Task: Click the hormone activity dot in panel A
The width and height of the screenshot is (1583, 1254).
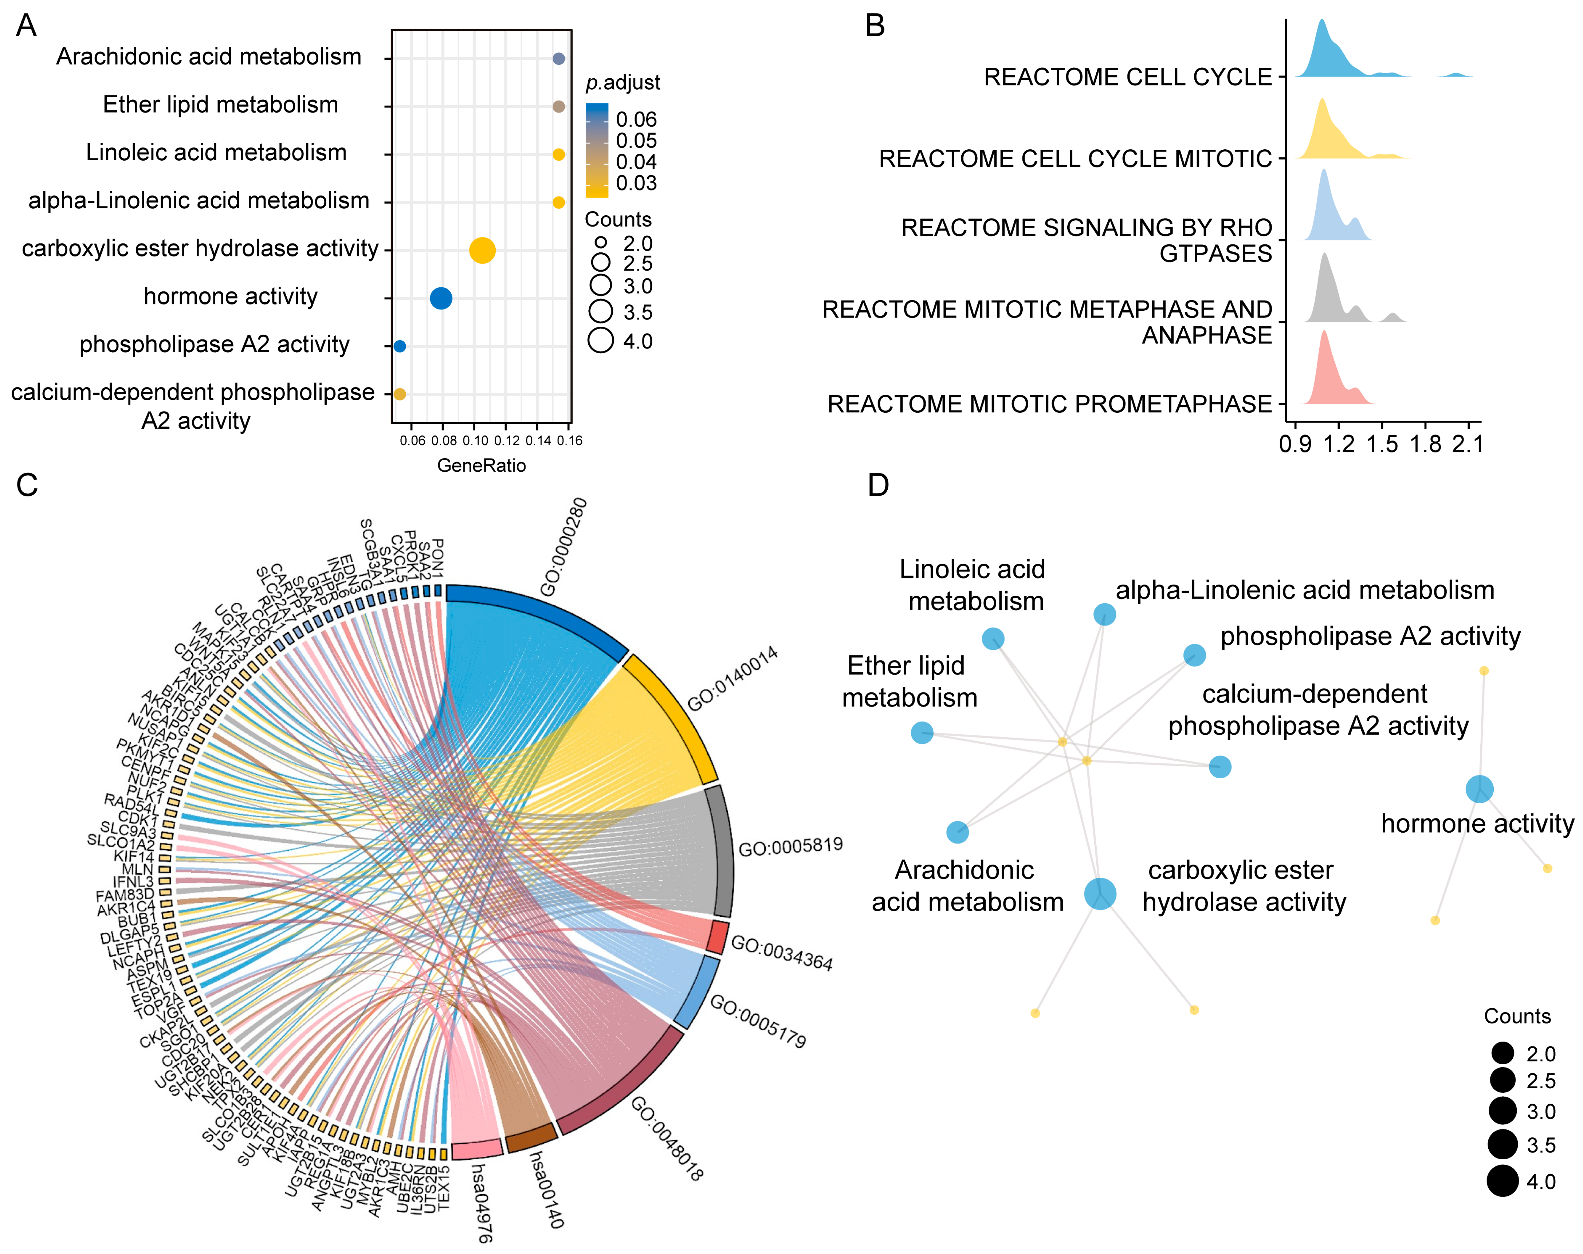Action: pos(440,298)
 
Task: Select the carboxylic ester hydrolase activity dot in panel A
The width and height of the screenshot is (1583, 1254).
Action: pos(482,250)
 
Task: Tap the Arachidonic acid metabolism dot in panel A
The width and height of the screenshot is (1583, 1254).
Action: pos(559,59)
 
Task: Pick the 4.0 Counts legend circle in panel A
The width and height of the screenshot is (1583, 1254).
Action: pos(601,341)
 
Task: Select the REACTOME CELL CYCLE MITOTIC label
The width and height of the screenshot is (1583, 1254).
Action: pos(1075,158)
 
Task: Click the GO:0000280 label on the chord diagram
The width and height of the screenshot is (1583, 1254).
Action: pos(564,547)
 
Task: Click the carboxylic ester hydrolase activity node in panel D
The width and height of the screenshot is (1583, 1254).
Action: pos(1100,893)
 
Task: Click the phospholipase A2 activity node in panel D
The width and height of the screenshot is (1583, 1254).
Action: pos(1195,655)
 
